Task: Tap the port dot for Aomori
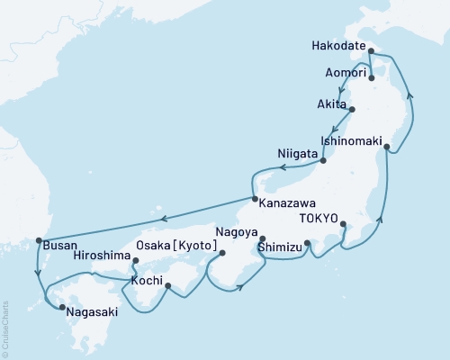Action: pyautogui.click(x=371, y=78)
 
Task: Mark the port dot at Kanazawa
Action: pyautogui.click(x=255, y=200)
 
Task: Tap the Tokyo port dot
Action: pyautogui.click(x=344, y=224)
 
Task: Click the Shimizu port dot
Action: pyautogui.click(x=308, y=243)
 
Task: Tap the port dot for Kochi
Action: pyautogui.click(x=168, y=286)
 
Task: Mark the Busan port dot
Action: pyautogui.click(x=38, y=240)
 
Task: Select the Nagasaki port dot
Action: pyautogui.click(x=61, y=309)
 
